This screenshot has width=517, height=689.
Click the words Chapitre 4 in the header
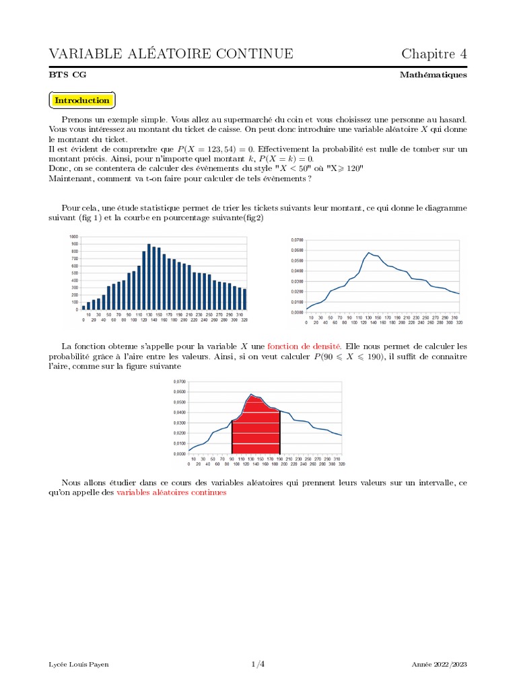coord(434,54)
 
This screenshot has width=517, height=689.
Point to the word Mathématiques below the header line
coord(433,75)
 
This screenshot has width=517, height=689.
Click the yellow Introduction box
coord(82,100)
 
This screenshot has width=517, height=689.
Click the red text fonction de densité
coord(304,346)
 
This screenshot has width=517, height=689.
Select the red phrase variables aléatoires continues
coord(172,493)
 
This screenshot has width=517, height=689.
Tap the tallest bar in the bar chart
coord(149,277)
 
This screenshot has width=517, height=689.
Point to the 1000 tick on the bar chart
coord(73,237)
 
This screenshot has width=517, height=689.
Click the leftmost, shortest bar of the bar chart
coord(83,307)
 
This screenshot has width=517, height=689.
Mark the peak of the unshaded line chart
coord(368,253)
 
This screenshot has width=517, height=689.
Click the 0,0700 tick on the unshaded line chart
coord(297,240)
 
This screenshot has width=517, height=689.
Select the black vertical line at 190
coord(279,432)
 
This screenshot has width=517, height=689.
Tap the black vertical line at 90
coord(232,437)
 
